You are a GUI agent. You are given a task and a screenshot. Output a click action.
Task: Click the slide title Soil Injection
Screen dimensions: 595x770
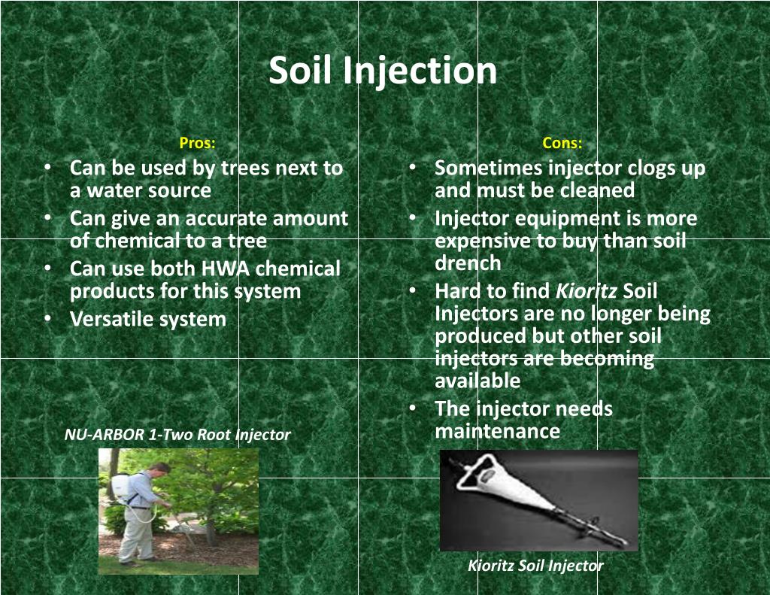pyautogui.click(x=383, y=71)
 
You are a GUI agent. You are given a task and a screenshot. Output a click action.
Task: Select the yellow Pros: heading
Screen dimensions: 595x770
pyautogui.click(x=197, y=143)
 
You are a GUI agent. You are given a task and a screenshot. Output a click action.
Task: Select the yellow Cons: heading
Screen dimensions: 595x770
pyautogui.click(x=562, y=143)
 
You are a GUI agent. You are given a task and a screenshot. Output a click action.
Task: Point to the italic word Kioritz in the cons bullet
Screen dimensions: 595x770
pyautogui.click(x=587, y=291)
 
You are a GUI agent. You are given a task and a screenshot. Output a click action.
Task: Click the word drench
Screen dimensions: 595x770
pyautogui.click(x=467, y=263)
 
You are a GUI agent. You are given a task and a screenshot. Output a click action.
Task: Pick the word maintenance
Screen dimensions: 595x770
pyautogui.click(x=497, y=431)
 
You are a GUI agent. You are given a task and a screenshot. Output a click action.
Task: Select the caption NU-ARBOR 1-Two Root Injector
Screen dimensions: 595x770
pyautogui.click(x=177, y=435)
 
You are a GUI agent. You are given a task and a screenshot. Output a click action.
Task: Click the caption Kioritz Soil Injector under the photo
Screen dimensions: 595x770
pyautogui.click(x=535, y=566)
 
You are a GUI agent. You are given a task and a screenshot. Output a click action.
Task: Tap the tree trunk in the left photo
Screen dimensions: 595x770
pyautogui.click(x=211, y=527)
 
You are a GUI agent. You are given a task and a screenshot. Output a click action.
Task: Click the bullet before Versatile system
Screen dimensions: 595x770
pyautogui.click(x=47, y=318)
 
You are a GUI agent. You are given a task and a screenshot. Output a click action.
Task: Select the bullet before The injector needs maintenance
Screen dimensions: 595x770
pyautogui.click(x=413, y=408)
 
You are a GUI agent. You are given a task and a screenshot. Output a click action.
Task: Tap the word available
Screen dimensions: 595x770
pyautogui.click(x=477, y=381)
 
